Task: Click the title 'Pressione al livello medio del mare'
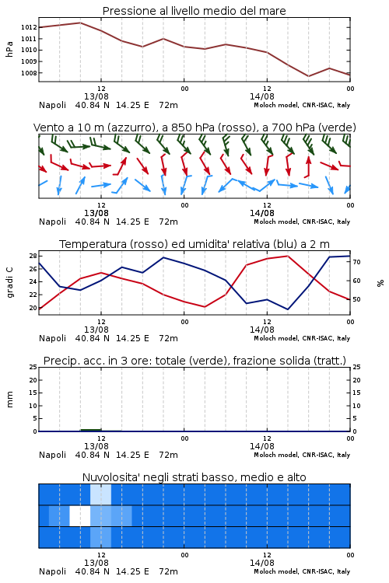194,11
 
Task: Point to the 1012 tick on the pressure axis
29,27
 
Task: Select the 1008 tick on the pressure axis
29,73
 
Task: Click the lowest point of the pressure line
309,76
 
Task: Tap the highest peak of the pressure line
80,23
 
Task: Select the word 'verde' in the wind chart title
337,127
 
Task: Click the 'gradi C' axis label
10,282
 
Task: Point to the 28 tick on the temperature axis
33,256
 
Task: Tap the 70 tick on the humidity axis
356,262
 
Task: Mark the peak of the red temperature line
287,256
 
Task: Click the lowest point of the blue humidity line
287,309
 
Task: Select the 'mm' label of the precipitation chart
10,399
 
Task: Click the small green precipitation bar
91,430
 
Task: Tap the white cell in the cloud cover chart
80,515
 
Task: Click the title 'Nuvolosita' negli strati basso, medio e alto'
194,477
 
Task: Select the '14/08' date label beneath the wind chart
262,213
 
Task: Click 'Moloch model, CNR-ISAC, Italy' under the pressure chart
302,105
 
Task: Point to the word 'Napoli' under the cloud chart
52,571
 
